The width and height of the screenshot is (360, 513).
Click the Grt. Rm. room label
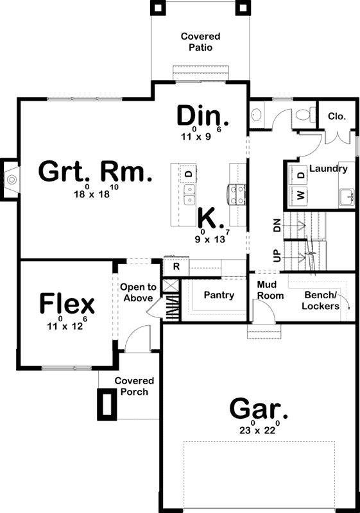(x=96, y=172)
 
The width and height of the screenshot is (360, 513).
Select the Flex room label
(x=67, y=303)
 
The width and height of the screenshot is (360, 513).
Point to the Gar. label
(x=259, y=408)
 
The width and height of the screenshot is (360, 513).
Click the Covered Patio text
(x=200, y=42)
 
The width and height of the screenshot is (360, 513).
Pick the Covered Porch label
(x=134, y=386)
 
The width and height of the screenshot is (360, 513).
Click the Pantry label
(x=218, y=295)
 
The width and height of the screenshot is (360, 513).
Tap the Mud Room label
(x=270, y=290)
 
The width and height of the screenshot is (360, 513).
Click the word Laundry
(x=329, y=169)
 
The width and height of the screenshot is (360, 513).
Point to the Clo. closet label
(x=337, y=116)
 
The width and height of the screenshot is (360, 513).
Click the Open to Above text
(x=137, y=292)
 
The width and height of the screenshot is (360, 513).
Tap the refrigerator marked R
(x=175, y=264)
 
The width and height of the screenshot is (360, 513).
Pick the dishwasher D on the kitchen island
(x=189, y=174)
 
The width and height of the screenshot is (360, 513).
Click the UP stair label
(x=277, y=255)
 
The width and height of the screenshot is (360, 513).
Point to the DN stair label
(x=277, y=225)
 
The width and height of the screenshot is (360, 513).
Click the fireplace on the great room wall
(x=11, y=174)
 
